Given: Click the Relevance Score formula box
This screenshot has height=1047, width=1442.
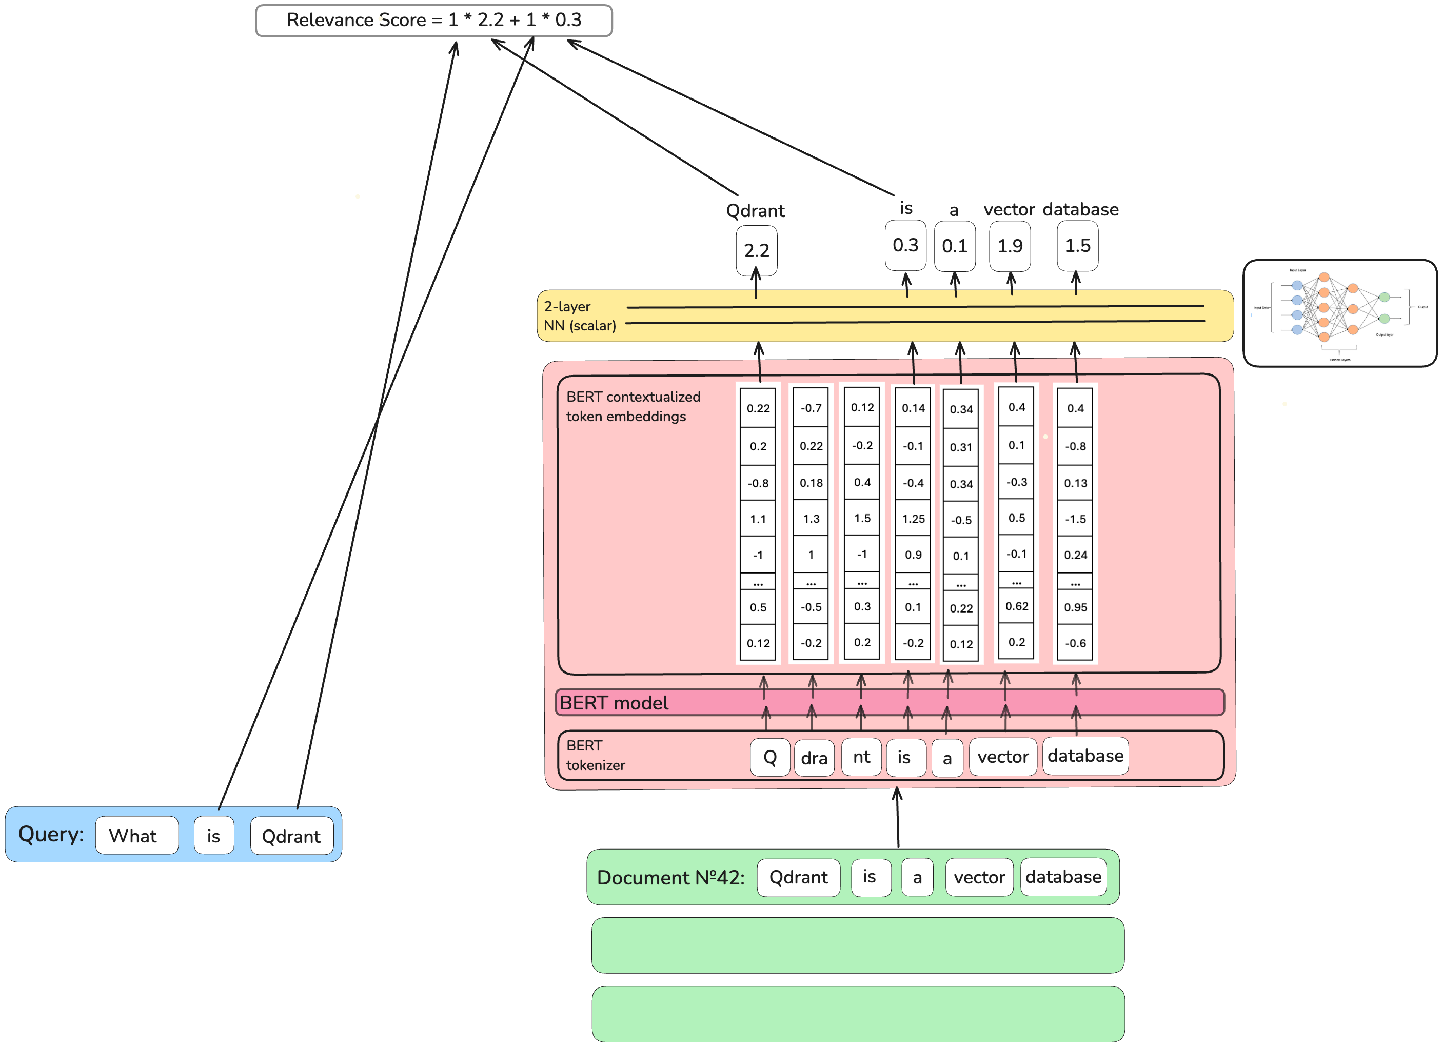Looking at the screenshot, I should (x=433, y=21).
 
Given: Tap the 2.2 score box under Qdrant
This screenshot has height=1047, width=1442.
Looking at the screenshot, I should (x=756, y=250).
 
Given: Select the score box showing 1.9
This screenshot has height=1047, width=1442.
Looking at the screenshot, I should (x=1010, y=246).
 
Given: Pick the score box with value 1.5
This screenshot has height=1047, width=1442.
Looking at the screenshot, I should (x=1077, y=245).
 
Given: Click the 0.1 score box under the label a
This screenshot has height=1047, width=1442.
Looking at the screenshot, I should (x=954, y=246).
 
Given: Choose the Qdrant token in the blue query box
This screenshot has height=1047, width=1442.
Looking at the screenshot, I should (x=291, y=836).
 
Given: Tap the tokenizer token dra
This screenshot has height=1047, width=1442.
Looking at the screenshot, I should (x=814, y=758).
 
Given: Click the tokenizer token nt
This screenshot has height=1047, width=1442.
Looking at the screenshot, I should (x=861, y=757).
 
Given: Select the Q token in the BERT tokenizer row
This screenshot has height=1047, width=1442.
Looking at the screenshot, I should (x=769, y=757).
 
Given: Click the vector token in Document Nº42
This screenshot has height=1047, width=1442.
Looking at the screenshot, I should (x=979, y=877).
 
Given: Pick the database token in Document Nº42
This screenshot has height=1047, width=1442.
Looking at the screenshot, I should (x=1063, y=877).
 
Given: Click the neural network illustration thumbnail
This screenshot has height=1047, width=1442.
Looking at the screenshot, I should (x=1339, y=313).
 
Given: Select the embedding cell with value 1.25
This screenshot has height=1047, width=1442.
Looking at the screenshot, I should (x=913, y=519).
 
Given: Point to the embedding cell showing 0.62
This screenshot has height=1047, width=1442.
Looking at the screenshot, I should (x=1016, y=606).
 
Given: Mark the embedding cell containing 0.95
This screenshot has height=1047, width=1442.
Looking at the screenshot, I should (x=1075, y=607).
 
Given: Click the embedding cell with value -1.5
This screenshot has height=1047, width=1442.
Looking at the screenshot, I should (x=1075, y=519).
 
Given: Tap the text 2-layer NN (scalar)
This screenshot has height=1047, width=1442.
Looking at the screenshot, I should (x=579, y=316).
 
